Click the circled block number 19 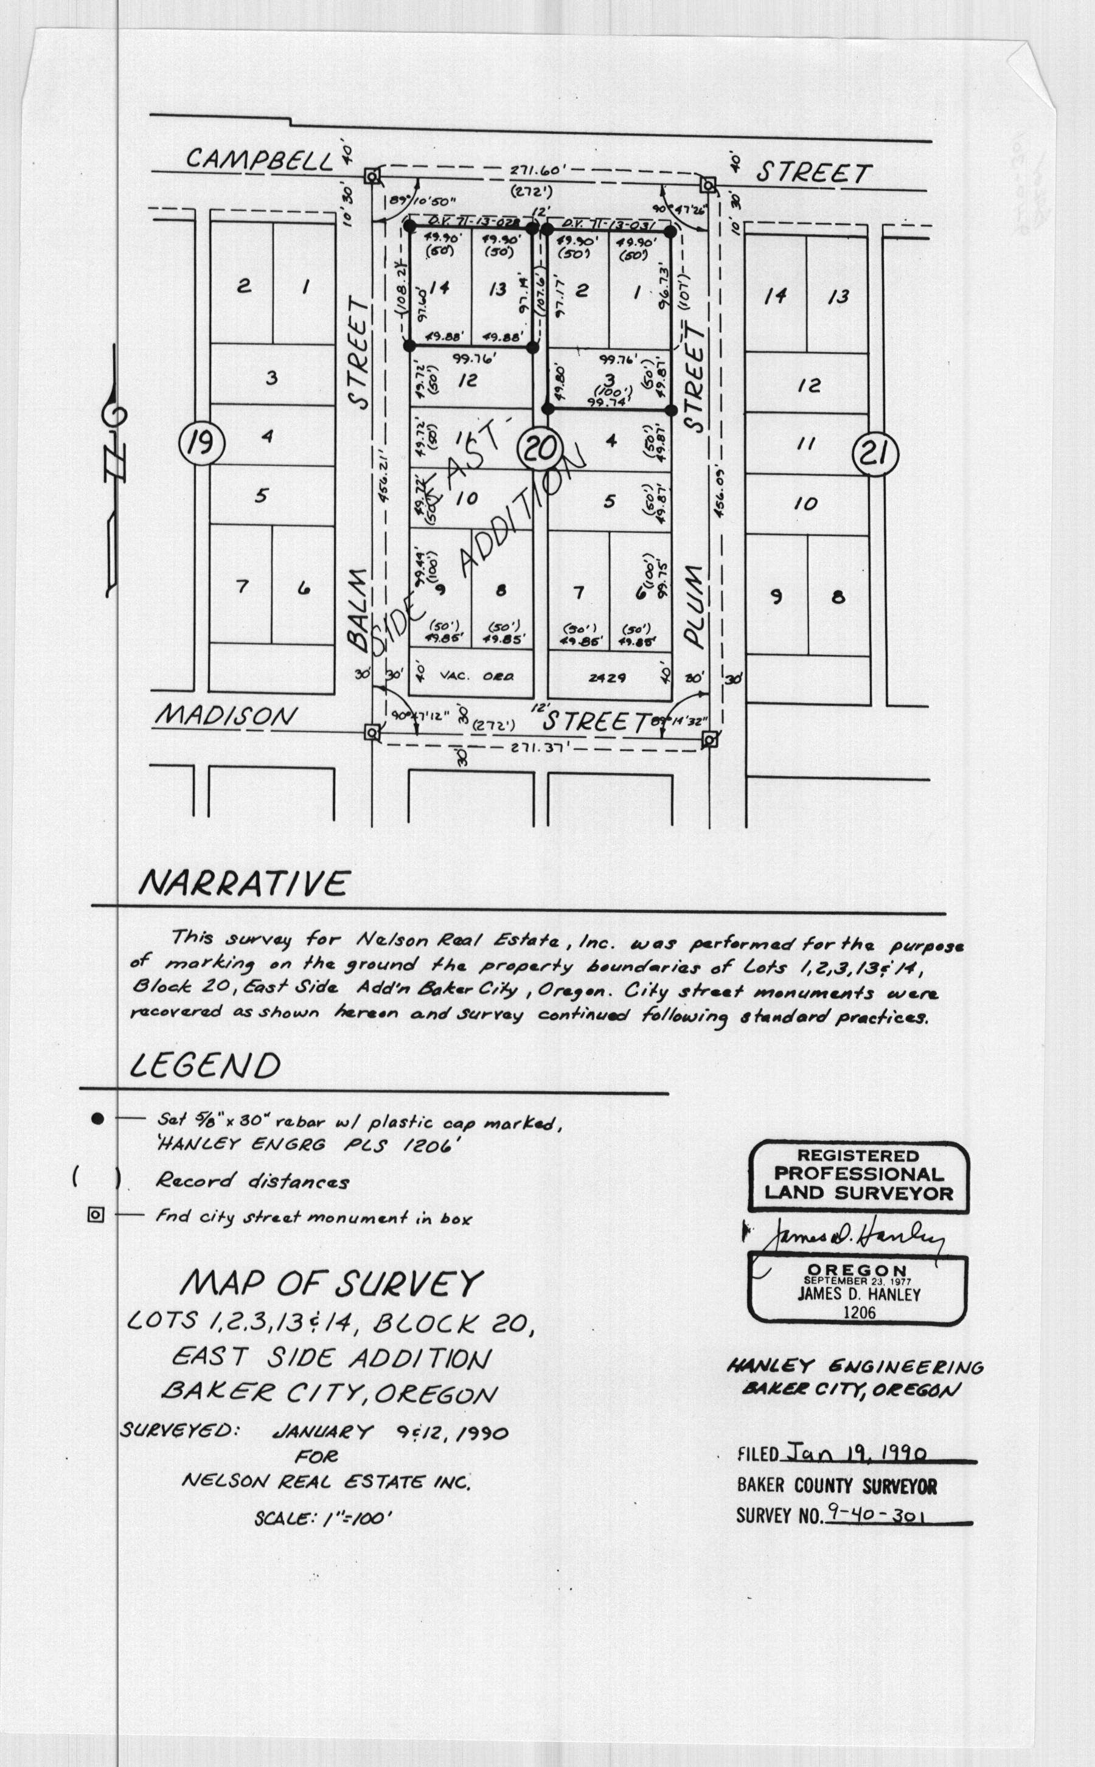click(201, 441)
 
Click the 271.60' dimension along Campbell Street click(533, 172)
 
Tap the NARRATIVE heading click(243, 883)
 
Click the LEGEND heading click(205, 1066)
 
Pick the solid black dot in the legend click(98, 1119)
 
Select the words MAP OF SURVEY click(330, 1283)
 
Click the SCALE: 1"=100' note click(323, 1518)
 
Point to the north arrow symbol click(114, 471)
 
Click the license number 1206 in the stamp click(859, 1311)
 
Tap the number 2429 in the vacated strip click(607, 678)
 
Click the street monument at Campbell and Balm click(372, 176)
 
